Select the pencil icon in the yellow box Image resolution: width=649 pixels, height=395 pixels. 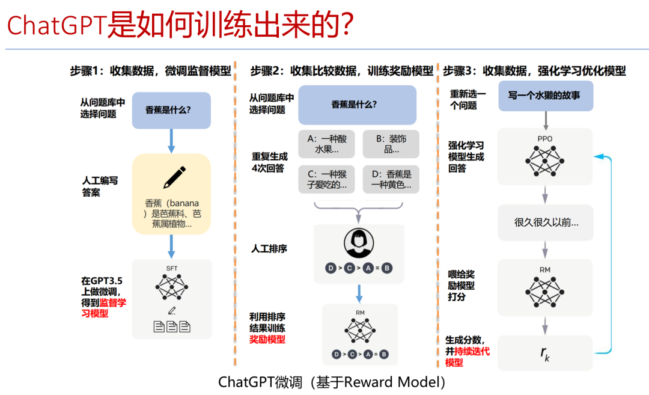click(174, 178)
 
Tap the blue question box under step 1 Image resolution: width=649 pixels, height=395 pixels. click(171, 110)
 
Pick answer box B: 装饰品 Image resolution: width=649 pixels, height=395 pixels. click(391, 144)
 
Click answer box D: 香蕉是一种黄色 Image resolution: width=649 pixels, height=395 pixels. click(391, 179)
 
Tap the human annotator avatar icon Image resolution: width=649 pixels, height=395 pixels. click(359, 243)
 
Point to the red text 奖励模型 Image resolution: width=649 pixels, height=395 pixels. click(267, 339)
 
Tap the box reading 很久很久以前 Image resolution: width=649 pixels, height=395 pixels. click(545, 222)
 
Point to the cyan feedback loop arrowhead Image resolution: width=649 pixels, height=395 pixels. click(597, 156)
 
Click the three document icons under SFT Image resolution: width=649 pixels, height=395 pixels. click(172, 327)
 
